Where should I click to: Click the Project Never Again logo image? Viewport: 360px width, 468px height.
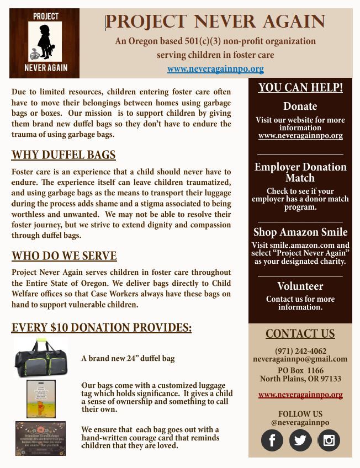tap(45, 43)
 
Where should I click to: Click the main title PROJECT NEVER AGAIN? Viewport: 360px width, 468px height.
tap(215, 22)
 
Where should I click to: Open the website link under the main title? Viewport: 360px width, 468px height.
tap(215, 69)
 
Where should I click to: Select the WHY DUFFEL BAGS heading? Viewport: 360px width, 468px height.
tap(63, 155)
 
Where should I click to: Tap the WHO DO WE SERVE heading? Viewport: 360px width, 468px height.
tap(64, 256)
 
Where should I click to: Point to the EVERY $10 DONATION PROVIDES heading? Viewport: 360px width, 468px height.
tap(102, 328)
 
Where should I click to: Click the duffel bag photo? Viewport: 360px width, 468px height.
tap(41, 358)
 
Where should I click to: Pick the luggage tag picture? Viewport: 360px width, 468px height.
tap(41, 398)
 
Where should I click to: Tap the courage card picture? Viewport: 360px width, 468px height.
tap(40, 438)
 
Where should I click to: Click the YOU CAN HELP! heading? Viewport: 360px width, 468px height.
tap(300, 88)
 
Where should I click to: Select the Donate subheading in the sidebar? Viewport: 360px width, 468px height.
tap(300, 107)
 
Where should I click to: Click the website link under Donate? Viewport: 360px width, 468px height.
tap(300, 135)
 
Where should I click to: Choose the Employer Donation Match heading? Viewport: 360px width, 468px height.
tap(300, 172)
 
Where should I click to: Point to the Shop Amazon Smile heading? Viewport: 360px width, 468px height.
tap(300, 232)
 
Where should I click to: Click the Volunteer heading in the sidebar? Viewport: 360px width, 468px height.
tap(300, 286)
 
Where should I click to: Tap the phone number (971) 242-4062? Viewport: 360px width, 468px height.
tap(300, 351)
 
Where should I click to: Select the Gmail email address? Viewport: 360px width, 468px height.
tap(300, 359)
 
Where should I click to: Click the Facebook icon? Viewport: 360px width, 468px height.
tap(272, 440)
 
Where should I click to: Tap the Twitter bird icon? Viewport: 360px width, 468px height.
tap(300, 440)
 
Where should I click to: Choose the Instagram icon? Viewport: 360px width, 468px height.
tap(329, 440)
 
